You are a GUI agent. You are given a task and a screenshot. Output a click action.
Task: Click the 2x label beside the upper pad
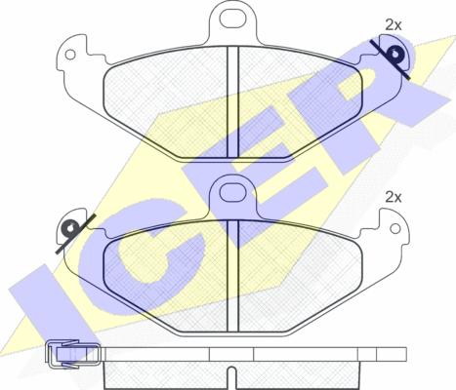tap(394, 25)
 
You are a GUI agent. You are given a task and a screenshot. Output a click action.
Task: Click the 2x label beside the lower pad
tap(394, 197)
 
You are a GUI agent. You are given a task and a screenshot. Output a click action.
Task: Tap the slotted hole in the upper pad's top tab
tap(232, 18)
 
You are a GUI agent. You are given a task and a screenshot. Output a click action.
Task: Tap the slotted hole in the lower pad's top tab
tap(232, 193)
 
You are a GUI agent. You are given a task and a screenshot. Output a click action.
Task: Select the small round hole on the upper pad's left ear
tap(70, 55)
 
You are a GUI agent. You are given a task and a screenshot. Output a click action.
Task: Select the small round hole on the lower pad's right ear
tap(395, 228)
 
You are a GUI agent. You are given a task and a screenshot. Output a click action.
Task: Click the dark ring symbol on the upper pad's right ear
tap(395, 55)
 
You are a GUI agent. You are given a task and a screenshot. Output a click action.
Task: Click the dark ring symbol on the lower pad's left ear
tap(70, 228)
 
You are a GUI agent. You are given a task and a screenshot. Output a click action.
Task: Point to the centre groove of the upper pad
tap(233, 102)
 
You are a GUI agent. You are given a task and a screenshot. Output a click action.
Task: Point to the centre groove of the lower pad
tap(233, 276)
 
